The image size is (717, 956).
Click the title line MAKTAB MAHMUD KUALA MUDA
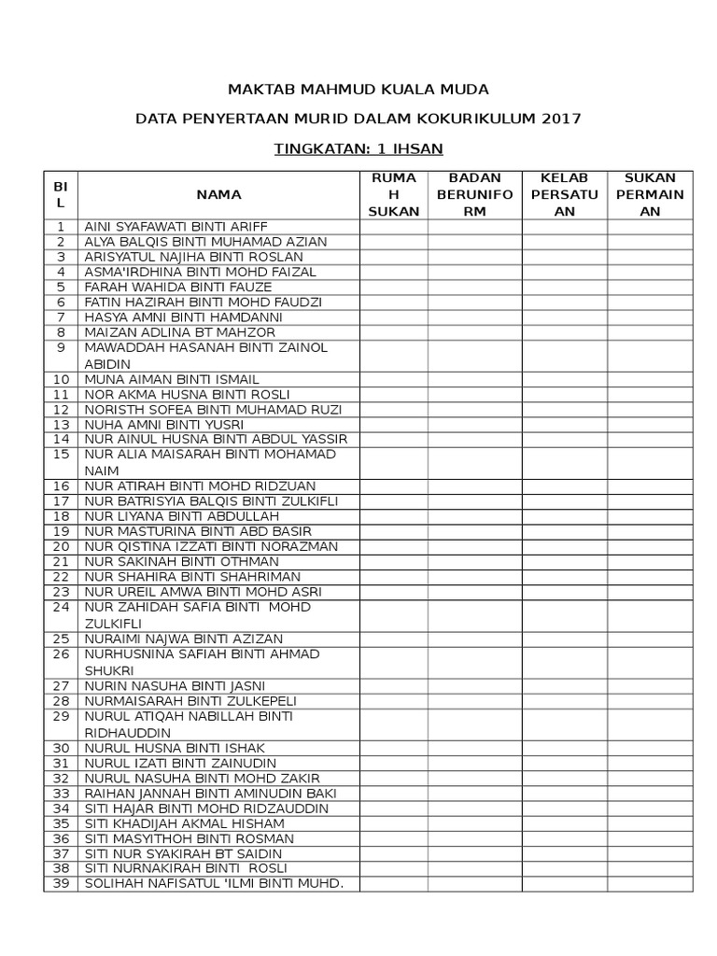pyautogui.click(x=358, y=90)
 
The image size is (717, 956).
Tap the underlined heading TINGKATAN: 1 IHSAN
pyautogui.click(x=358, y=148)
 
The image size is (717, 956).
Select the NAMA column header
pyautogui.click(x=218, y=194)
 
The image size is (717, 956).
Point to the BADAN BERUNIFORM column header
pyautogui.click(x=475, y=194)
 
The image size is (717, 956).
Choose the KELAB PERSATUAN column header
pyautogui.click(x=564, y=194)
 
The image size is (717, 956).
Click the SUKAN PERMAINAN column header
pyautogui.click(x=650, y=194)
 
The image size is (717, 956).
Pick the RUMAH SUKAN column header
pyautogui.click(x=393, y=194)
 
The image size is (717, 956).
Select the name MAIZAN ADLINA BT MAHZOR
pyautogui.click(x=180, y=332)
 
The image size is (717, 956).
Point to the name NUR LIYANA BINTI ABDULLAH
pyautogui.click(x=182, y=516)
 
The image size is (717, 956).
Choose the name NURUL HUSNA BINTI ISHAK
pyautogui.click(x=176, y=748)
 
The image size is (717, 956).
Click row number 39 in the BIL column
pyautogui.click(x=61, y=884)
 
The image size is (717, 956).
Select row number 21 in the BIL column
pyautogui.click(x=61, y=561)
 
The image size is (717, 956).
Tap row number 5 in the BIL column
pyautogui.click(x=61, y=287)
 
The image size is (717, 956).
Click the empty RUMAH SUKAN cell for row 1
pyautogui.click(x=393, y=227)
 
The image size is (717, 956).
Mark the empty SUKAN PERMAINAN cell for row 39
pyautogui.click(x=650, y=884)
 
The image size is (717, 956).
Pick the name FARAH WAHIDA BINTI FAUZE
pyautogui.click(x=178, y=287)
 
